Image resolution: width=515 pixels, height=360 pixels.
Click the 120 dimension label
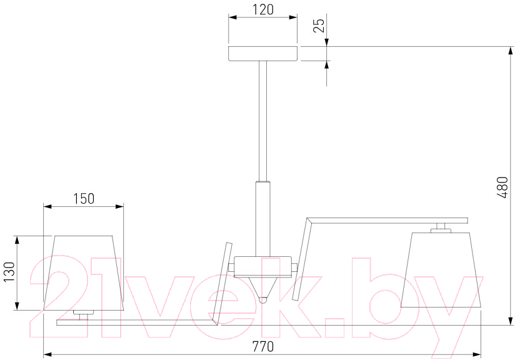(262, 9)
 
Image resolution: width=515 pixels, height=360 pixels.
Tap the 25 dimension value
(319, 25)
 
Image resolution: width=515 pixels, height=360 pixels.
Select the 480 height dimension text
(502, 187)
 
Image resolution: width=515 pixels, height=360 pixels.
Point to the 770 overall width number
(262, 346)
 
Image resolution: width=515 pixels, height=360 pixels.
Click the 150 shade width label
(83, 199)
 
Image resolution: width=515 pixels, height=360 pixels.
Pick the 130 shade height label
(10, 272)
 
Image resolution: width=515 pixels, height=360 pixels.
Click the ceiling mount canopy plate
(262, 54)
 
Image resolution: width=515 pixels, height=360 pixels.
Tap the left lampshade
(83, 273)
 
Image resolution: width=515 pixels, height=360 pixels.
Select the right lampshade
(441, 270)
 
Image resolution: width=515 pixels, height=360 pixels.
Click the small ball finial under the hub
(262, 300)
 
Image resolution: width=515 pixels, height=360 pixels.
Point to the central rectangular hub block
(262, 266)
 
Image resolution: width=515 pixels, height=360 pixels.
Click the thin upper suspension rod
(262, 121)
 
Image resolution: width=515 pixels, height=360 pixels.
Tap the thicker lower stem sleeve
(262, 219)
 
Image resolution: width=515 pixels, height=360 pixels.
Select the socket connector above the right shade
(441, 228)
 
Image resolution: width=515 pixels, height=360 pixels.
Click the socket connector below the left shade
(83, 314)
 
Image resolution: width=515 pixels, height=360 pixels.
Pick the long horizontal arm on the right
(387, 221)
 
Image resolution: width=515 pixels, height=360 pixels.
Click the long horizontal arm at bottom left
(136, 322)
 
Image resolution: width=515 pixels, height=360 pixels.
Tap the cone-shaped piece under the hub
(262, 286)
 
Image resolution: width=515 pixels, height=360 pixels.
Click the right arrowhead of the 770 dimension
(477, 355)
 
